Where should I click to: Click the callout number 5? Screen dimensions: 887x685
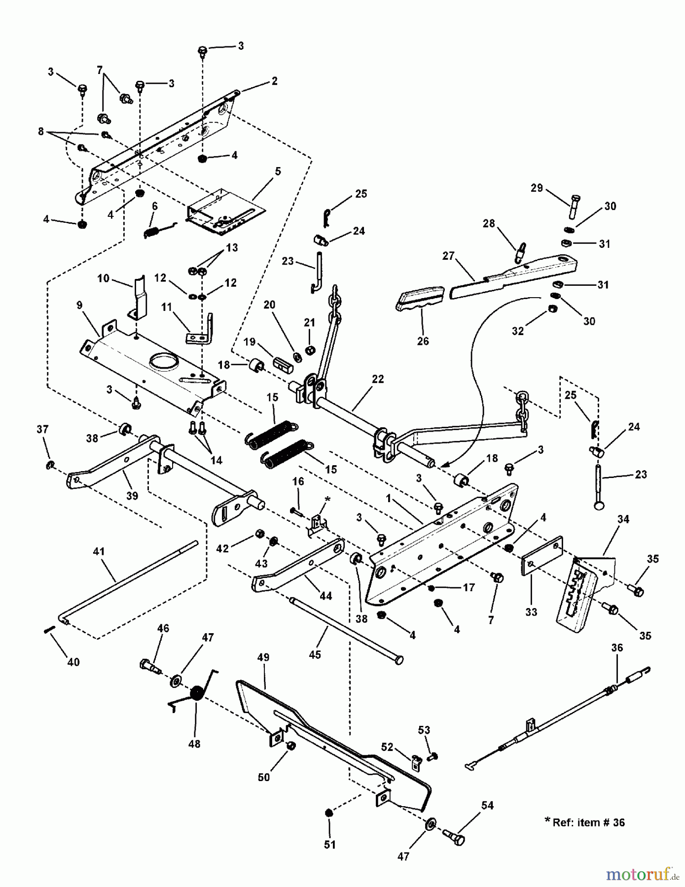[278, 171]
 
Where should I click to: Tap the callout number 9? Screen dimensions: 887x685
[80, 306]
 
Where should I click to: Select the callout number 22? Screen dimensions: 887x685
[378, 379]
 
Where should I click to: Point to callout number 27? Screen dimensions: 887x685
[448, 256]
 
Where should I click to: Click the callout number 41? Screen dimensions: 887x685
[99, 551]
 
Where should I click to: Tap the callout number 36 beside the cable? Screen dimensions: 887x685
[617, 648]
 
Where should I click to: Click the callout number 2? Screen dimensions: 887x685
[274, 81]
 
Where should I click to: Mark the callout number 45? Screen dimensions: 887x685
[315, 654]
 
